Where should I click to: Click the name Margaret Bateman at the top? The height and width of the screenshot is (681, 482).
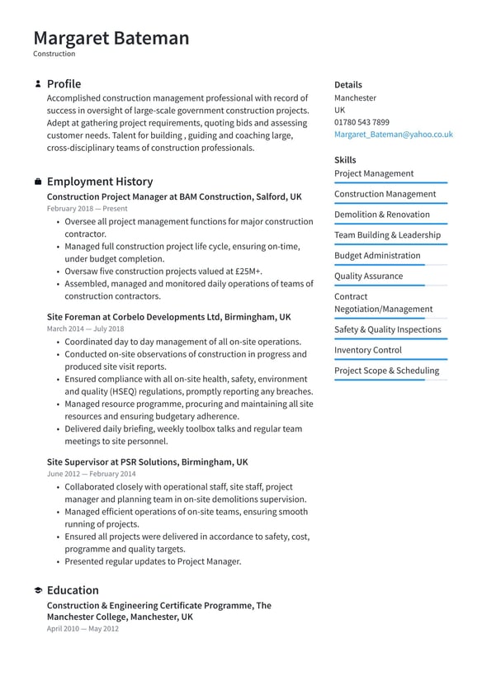(111, 38)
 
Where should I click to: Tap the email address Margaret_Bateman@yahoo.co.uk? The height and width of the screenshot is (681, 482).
(393, 134)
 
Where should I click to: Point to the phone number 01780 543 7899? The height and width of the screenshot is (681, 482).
(361, 122)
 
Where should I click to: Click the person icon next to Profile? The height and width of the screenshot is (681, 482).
(38, 84)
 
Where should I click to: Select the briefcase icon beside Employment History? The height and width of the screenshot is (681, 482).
(38, 182)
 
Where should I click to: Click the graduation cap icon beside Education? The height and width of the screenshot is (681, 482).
(38, 591)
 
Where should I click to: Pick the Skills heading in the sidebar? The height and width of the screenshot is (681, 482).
(345, 160)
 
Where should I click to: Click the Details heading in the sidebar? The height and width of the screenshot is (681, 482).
(347, 85)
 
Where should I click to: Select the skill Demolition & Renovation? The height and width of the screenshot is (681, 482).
(381, 215)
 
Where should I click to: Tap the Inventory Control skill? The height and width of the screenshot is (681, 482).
(367, 350)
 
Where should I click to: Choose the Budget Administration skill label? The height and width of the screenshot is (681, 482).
(376, 256)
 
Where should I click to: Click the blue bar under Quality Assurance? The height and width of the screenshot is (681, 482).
(380, 286)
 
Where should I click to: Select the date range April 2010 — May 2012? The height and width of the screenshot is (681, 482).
(83, 628)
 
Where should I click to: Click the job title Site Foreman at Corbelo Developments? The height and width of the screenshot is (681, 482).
(168, 317)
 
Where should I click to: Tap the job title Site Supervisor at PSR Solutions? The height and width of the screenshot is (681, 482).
(147, 462)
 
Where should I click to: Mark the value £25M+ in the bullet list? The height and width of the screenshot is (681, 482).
(247, 272)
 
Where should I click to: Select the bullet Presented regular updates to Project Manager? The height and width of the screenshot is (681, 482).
(153, 561)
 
